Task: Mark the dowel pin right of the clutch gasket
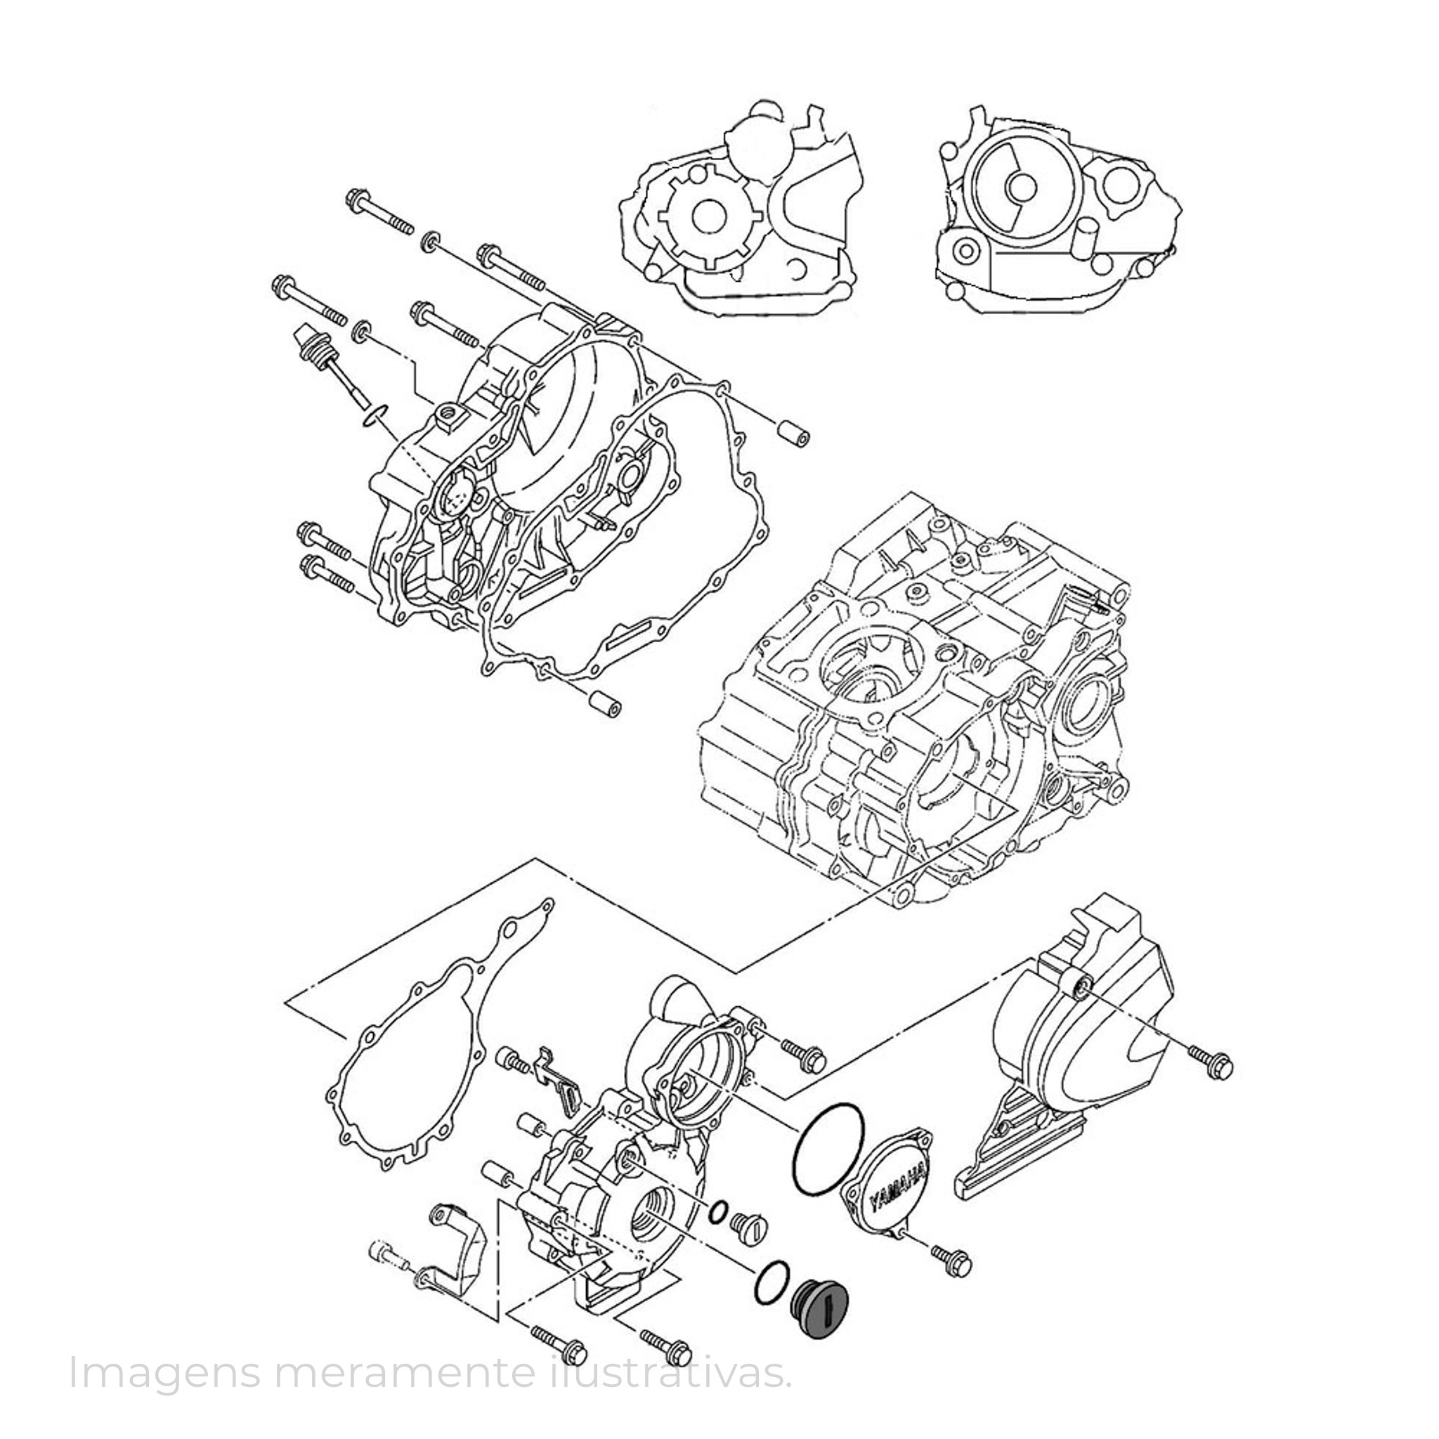[791, 434]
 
